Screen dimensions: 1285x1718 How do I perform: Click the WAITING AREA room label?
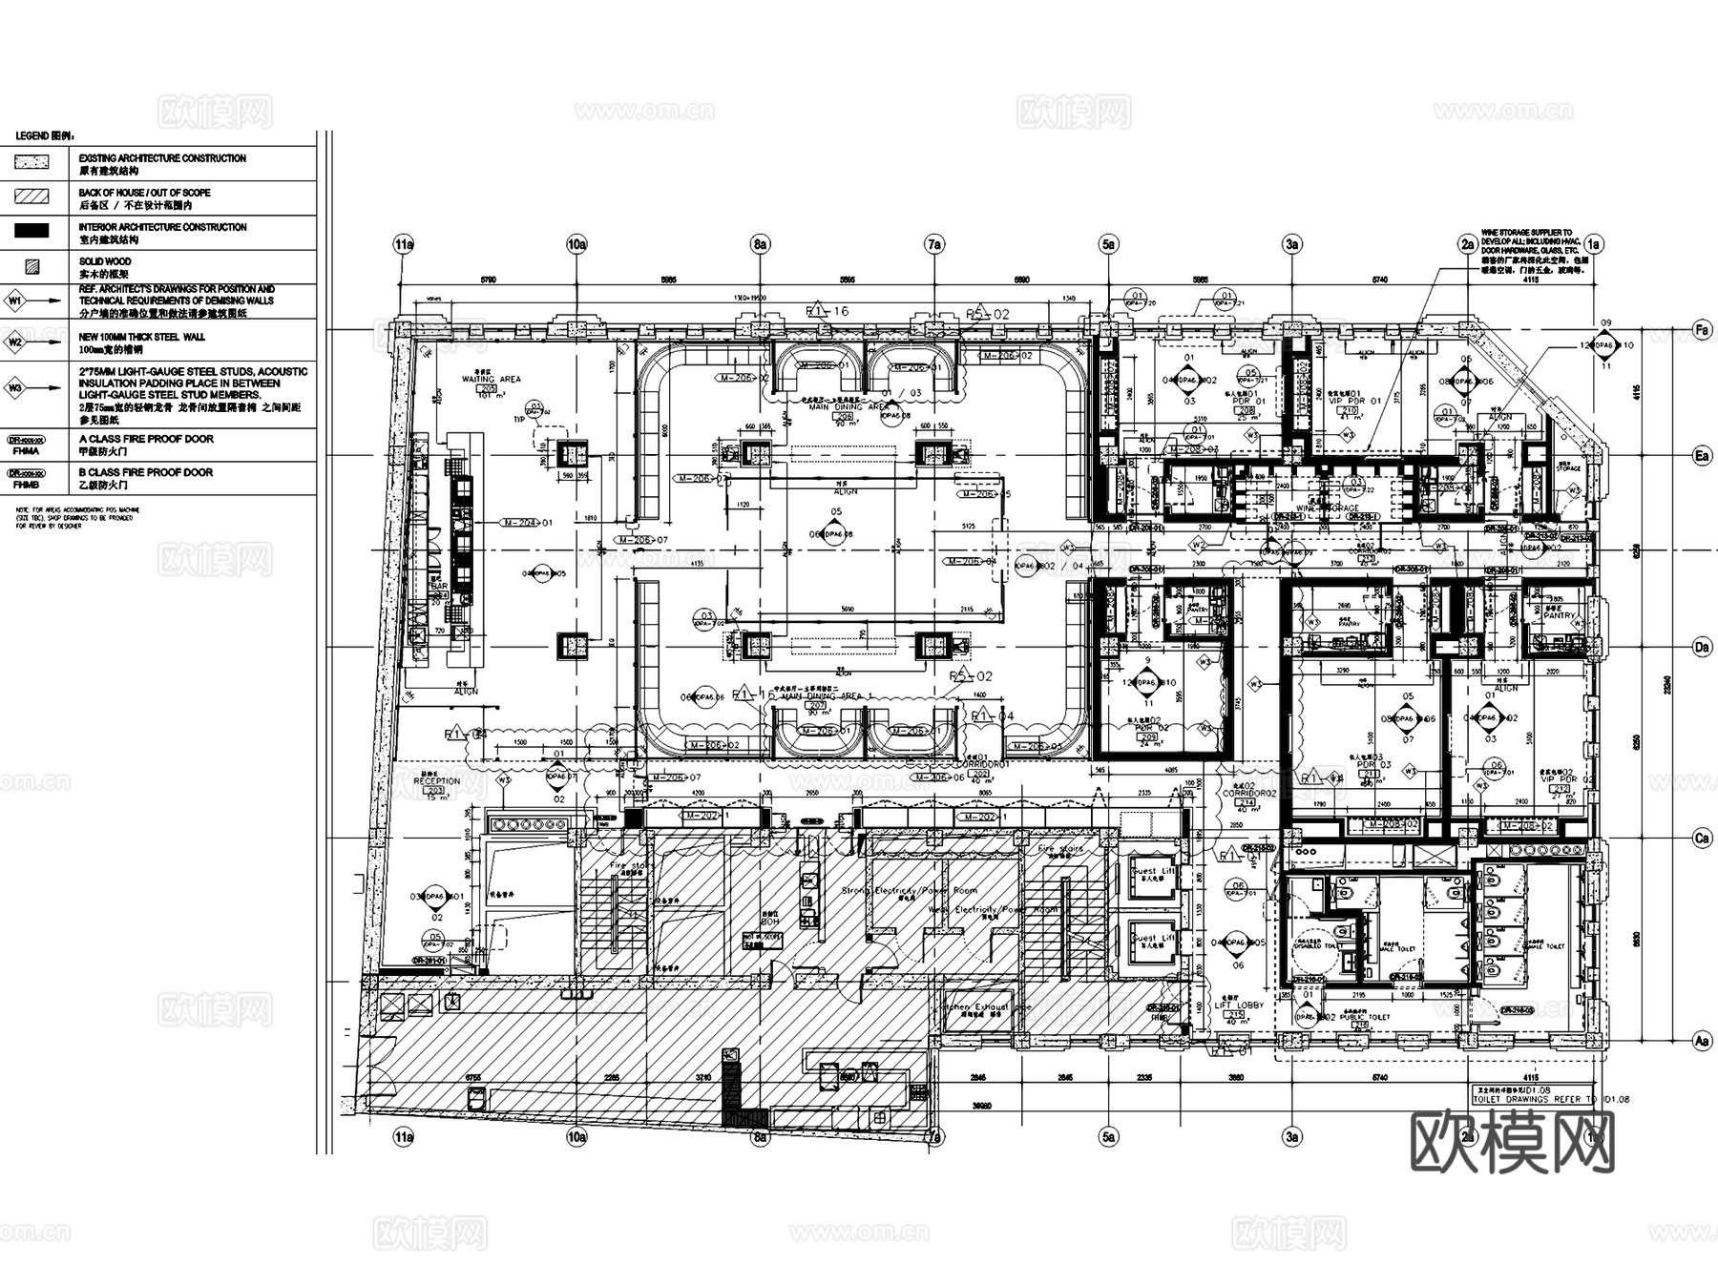pos(491,379)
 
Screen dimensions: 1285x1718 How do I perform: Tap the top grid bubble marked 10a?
pos(576,244)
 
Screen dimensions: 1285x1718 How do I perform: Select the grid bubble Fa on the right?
pos(1702,330)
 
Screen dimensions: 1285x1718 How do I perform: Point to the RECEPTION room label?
pos(436,780)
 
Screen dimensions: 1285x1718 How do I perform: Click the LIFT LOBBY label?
pos(1238,1005)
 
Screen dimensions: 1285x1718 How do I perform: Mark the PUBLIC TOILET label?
pos(1364,1017)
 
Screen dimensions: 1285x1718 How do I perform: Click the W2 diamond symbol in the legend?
pos(14,342)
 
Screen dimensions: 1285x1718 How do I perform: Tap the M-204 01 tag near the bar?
pos(526,523)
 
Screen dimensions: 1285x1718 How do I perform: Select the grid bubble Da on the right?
pos(1702,648)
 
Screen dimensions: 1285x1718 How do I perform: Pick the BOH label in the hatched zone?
pos(769,922)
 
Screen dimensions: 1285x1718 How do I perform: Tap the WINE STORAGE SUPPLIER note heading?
pos(1526,233)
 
